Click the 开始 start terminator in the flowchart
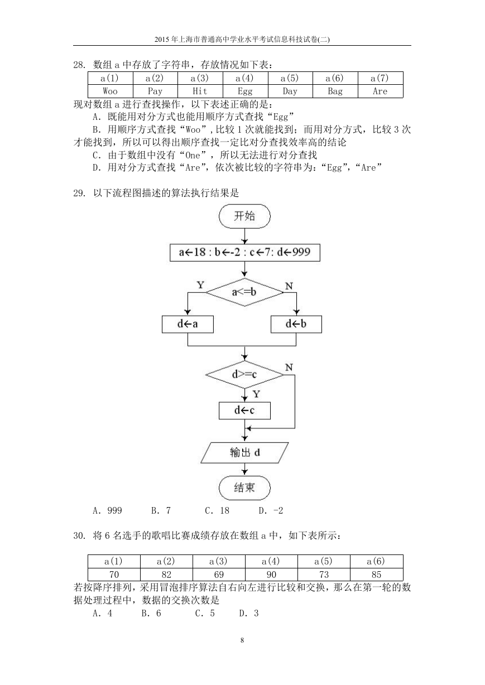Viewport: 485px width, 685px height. [x=244, y=216]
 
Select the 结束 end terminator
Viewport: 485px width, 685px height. [x=244, y=488]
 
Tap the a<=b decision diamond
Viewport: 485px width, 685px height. [x=244, y=292]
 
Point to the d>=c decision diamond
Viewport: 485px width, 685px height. [x=244, y=375]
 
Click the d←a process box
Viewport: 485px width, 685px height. [x=188, y=324]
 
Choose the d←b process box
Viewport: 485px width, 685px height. [x=296, y=324]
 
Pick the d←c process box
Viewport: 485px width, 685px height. [x=244, y=411]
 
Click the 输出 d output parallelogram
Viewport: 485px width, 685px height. [x=244, y=452]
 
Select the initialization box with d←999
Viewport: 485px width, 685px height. [x=245, y=253]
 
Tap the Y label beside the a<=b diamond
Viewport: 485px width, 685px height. [x=200, y=285]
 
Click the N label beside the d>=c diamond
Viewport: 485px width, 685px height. [x=289, y=367]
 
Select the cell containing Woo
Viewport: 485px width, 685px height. [x=110, y=91]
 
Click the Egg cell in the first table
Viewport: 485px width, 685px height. [x=245, y=91]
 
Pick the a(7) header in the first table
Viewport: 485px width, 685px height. [x=380, y=78]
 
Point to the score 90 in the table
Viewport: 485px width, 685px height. [x=271, y=575]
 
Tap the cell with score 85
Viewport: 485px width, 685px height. [x=376, y=575]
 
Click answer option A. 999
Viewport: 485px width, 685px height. [x=107, y=510]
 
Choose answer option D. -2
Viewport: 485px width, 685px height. [x=271, y=510]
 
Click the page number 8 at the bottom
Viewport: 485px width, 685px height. [x=242, y=640]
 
